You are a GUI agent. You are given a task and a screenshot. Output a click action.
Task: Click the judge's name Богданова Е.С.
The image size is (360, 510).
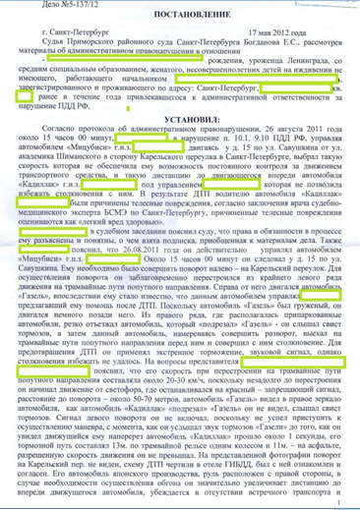pos(263,54)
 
